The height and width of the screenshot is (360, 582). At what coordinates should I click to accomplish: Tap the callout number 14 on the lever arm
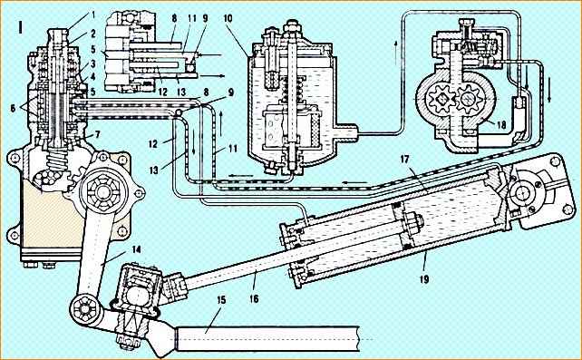136,249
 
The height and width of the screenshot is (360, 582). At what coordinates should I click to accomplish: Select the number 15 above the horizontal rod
221,300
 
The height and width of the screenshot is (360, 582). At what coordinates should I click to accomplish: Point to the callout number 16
254,298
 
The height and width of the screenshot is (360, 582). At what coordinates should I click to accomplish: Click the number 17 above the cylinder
404,160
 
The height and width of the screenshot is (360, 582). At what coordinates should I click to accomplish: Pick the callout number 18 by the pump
501,125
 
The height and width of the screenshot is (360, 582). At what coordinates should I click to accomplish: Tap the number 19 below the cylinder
424,278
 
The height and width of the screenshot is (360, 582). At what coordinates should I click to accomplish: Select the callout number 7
97,134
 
